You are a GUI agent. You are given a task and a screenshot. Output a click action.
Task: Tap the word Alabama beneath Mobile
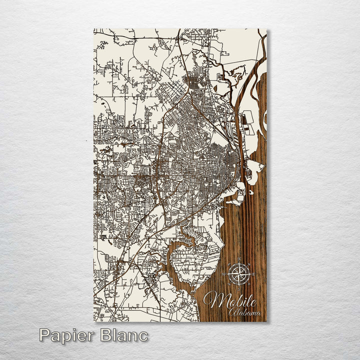245,312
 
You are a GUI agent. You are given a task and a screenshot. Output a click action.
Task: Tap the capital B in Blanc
107,334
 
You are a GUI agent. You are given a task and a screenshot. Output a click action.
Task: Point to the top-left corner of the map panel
94,29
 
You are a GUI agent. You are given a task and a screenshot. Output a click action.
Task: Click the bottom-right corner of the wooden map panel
266,321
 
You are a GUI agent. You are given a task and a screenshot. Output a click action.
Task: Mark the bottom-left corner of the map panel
94,321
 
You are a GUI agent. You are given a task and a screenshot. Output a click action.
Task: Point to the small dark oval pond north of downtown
215,88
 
